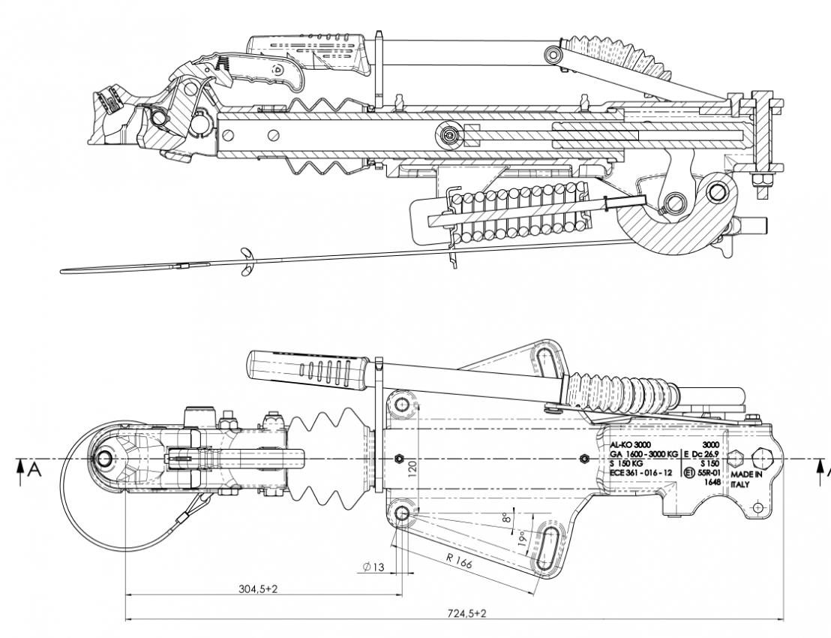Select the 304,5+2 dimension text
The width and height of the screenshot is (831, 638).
[x=258, y=589]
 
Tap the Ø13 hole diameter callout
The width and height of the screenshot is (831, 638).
[x=373, y=567]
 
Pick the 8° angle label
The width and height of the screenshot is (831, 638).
[x=507, y=517]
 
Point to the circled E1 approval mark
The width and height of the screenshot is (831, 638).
[x=689, y=473]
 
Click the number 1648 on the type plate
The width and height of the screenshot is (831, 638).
[x=712, y=483]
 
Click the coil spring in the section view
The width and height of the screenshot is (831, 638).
[x=517, y=214]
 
